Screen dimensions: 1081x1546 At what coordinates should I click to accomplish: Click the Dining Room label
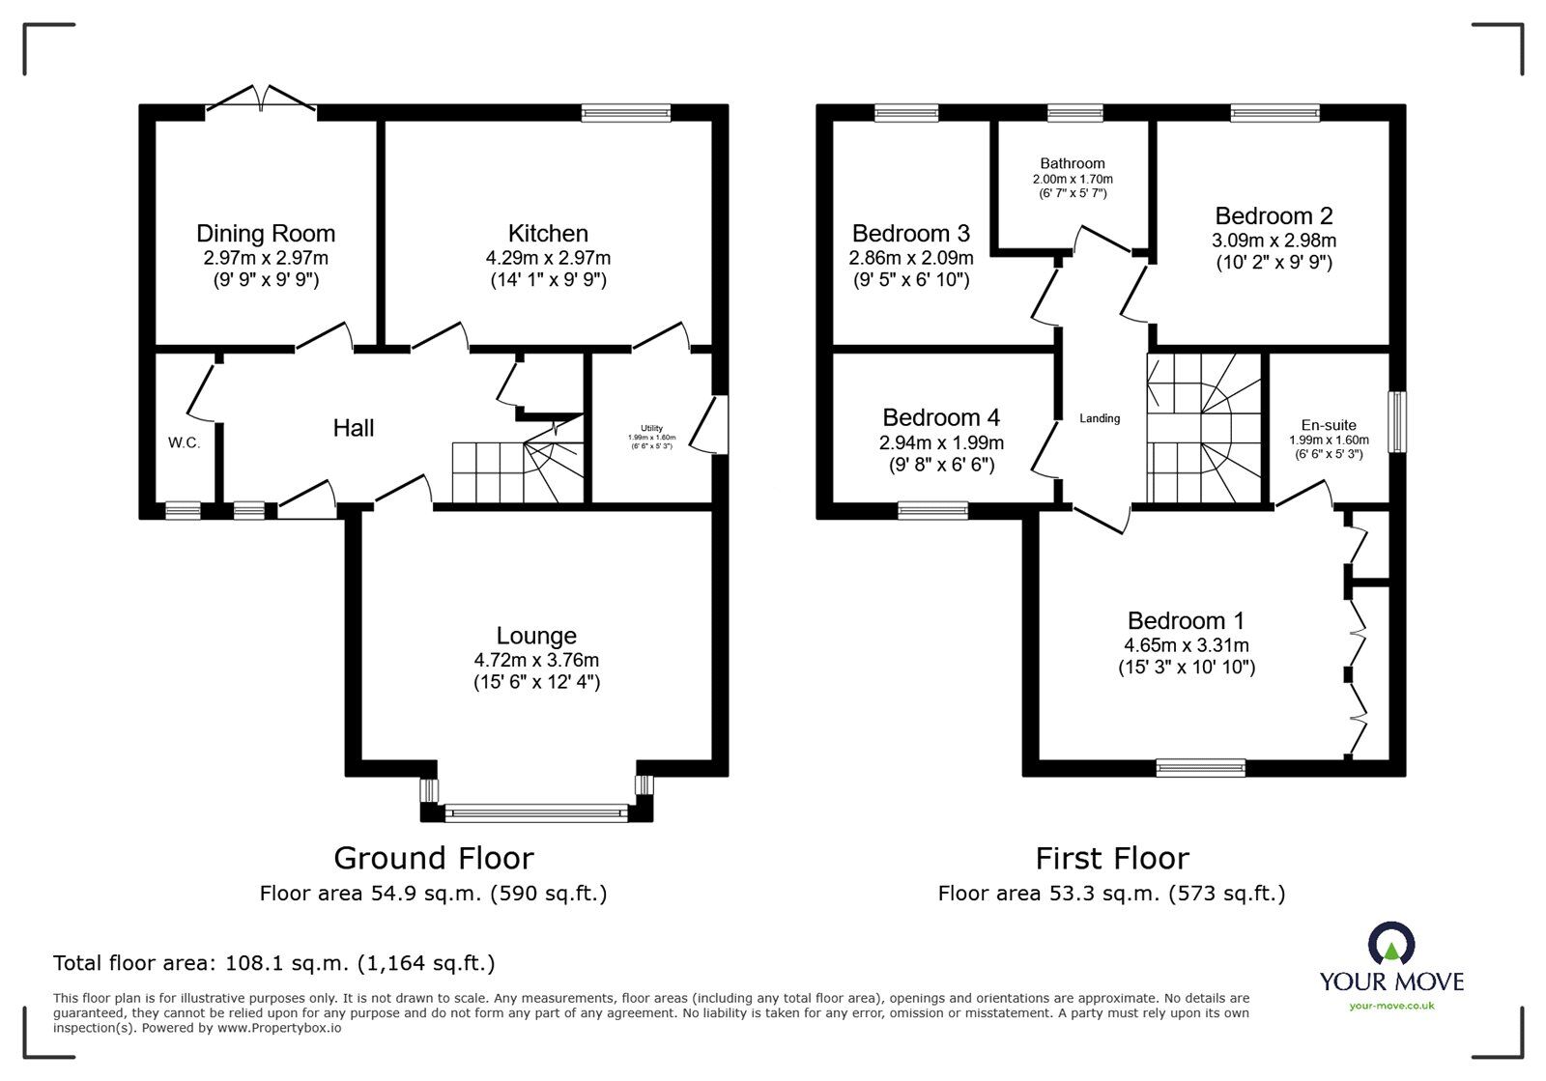[x=266, y=234]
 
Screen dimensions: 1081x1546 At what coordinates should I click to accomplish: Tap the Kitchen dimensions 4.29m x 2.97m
[x=548, y=259]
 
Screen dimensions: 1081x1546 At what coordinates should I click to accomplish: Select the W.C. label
[x=184, y=443]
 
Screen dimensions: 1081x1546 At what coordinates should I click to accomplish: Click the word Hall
[x=354, y=428]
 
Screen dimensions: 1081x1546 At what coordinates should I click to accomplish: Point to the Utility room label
[x=652, y=428]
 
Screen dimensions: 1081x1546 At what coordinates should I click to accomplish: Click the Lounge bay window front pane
[x=536, y=814]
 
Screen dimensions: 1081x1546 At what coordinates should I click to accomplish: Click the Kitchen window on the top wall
[x=625, y=114]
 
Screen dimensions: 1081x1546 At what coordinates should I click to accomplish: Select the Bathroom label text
[x=1073, y=163]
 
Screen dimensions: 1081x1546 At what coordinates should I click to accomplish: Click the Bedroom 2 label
[x=1274, y=215]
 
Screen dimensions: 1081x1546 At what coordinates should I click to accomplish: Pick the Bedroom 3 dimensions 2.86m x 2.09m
[x=911, y=259]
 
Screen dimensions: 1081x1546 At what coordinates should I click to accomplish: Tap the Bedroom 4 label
[x=941, y=417]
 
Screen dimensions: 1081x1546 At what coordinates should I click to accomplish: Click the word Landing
[x=1100, y=418]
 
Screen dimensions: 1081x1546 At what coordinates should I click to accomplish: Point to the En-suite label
[x=1329, y=425]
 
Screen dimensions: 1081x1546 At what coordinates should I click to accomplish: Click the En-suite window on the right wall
[x=1397, y=421]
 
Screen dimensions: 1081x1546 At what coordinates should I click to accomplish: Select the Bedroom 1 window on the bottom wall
[x=1201, y=768]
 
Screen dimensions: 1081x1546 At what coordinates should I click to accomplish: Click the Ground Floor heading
[x=433, y=858]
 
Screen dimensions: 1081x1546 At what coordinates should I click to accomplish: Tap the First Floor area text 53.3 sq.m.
[x=1111, y=894]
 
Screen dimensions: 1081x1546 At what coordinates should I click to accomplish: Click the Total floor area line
[x=273, y=963]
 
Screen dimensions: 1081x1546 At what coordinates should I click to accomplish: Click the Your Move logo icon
[x=1391, y=945]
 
